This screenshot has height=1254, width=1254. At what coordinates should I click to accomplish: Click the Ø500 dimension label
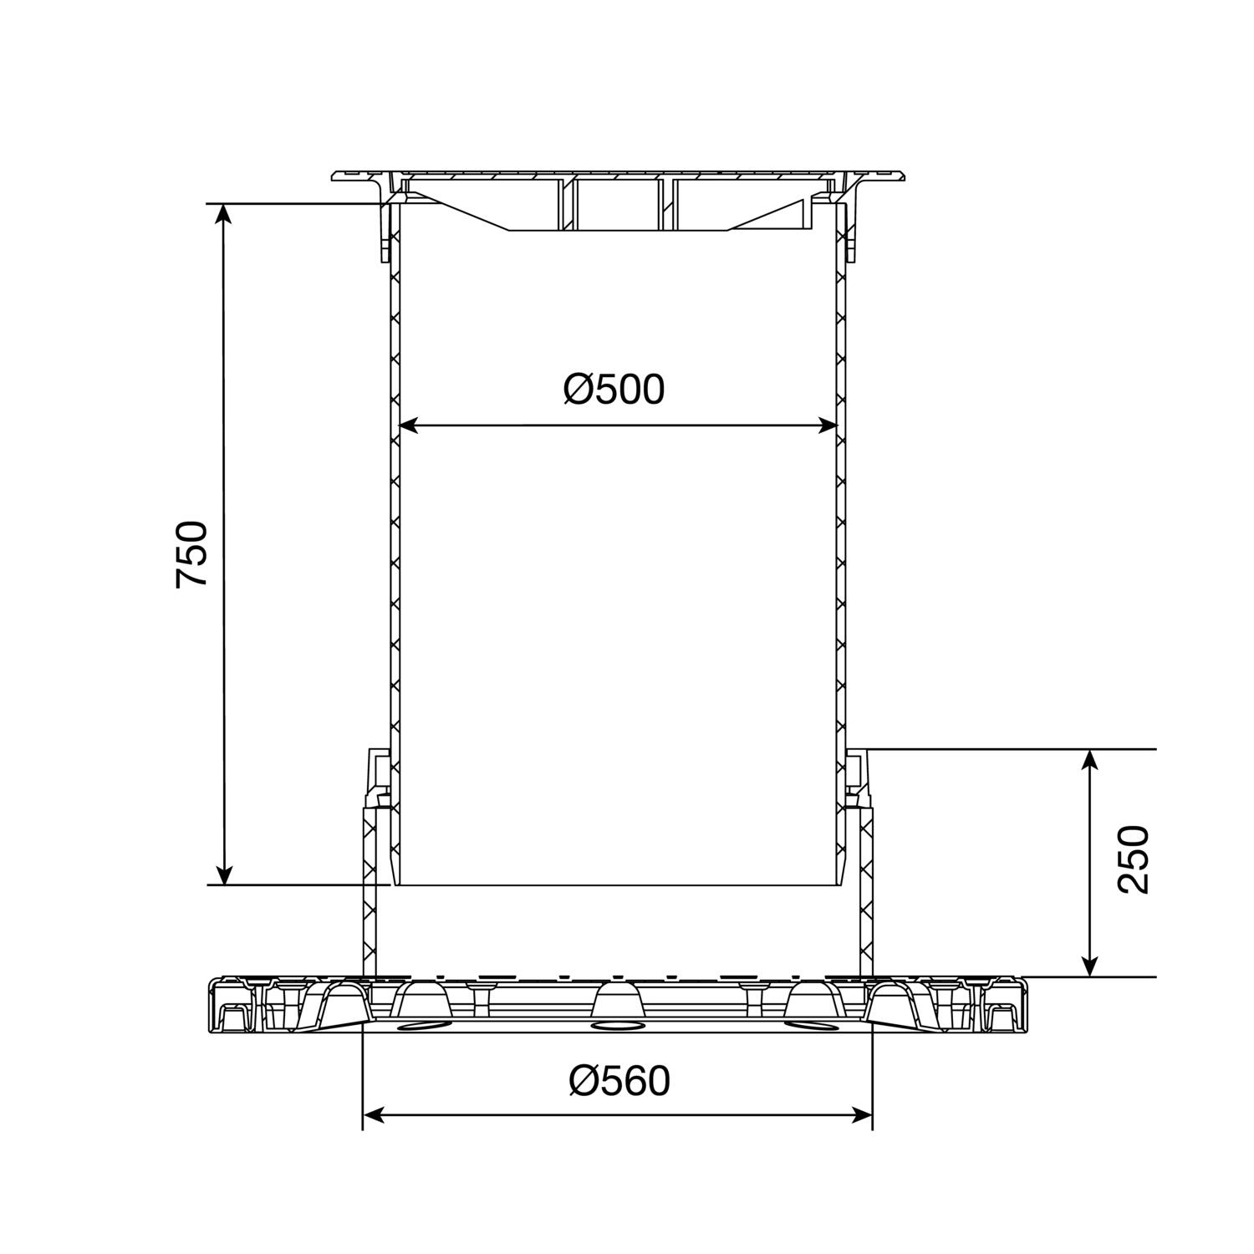[614, 389]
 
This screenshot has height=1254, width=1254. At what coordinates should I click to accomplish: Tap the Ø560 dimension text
[619, 1081]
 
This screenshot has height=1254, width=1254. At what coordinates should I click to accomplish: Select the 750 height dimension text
[191, 554]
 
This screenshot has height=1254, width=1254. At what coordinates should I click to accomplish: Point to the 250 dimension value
[1134, 859]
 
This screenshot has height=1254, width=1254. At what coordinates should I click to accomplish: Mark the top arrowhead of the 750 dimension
[223, 213]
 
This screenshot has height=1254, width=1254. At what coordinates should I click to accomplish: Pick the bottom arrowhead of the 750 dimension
[223, 874]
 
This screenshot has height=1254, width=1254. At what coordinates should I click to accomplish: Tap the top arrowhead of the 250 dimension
[1088, 760]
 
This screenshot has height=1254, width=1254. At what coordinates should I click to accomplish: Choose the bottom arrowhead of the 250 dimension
[1088, 966]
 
